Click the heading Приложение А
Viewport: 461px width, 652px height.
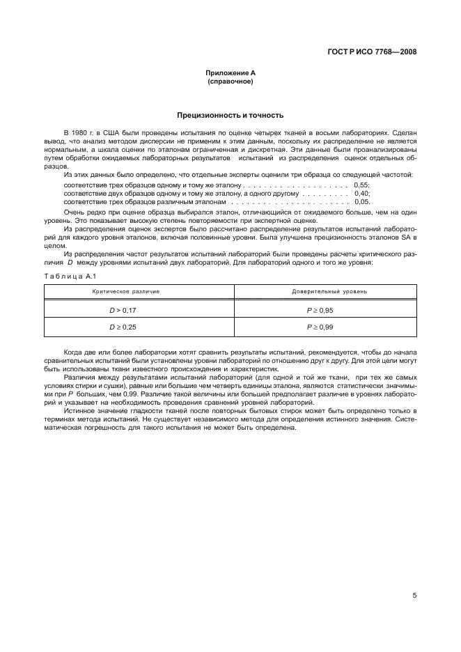pos(230,73)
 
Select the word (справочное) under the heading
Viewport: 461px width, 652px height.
pos(230,81)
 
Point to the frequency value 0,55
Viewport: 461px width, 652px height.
pos(361,185)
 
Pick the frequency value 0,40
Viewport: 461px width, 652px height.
pos(361,193)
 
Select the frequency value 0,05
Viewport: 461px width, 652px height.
pos(361,201)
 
